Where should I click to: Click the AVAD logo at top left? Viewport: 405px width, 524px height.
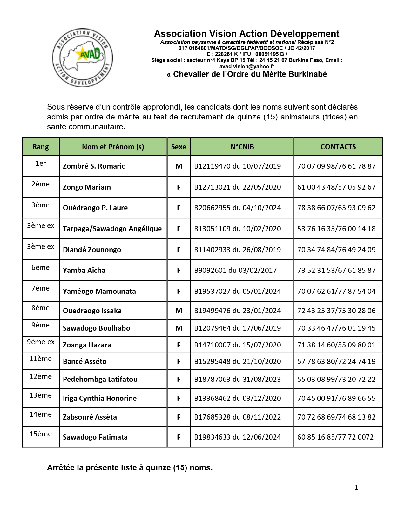click(83, 58)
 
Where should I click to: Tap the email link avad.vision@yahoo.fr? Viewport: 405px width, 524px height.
click(246, 66)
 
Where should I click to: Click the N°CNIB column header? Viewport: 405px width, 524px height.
click(242, 147)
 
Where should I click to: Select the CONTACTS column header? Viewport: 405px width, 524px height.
click(338, 147)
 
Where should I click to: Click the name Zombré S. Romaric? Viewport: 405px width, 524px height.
click(94, 166)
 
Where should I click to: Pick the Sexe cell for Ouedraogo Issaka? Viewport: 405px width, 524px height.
click(179, 311)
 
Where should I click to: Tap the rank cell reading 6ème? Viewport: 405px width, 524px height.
click(40, 268)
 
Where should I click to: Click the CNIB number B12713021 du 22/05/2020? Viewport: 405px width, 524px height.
click(237, 187)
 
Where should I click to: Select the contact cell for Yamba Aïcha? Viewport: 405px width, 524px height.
click(336, 270)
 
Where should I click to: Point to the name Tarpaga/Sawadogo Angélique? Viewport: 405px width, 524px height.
click(112, 229)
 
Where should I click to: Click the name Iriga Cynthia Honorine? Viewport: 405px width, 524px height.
click(99, 398)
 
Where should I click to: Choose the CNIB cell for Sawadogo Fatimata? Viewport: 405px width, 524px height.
click(237, 437)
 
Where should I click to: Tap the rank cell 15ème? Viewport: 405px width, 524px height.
click(40, 434)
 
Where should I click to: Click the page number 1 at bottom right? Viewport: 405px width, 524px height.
click(356, 487)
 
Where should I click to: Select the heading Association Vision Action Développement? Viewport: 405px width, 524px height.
click(246, 34)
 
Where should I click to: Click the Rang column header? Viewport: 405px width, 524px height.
click(40, 147)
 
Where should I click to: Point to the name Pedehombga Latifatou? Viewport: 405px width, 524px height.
click(100, 379)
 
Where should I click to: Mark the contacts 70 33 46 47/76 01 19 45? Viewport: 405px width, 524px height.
click(336, 328)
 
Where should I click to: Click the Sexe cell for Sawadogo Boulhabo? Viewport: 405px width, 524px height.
click(179, 328)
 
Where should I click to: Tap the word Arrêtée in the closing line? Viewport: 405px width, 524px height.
click(61, 467)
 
